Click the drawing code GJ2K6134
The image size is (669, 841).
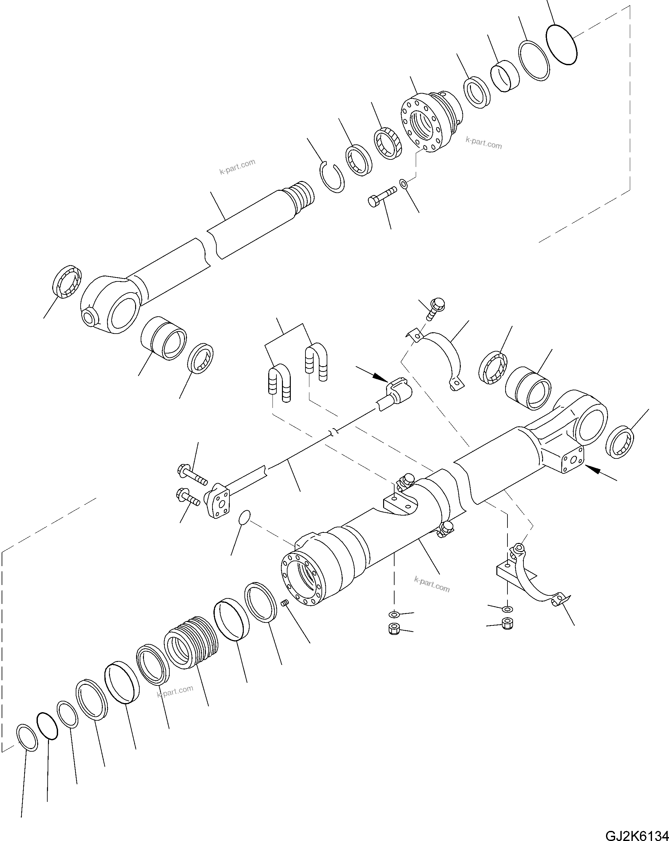point(636,834)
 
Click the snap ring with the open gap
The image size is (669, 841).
point(332,177)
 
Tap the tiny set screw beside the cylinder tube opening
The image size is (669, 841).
point(285,614)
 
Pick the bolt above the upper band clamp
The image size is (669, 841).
point(436,308)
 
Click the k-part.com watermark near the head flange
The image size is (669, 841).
point(484,143)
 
